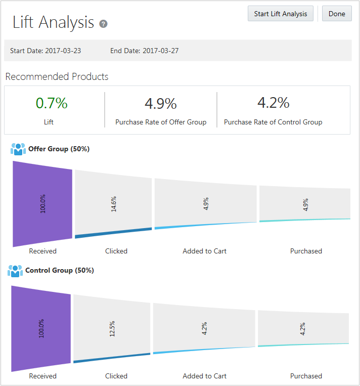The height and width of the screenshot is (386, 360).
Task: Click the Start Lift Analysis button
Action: (x=281, y=14)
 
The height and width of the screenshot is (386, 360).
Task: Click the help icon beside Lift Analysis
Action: (x=104, y=24)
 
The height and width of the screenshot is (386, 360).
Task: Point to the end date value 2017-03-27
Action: (x=160, y=51)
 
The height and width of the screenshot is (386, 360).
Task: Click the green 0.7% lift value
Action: (x=52, y=103)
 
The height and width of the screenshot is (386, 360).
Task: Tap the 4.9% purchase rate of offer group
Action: (x=161, y=104)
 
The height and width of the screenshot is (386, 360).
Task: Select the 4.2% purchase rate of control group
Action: (x=273, y=103)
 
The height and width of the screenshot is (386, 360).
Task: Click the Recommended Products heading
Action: (x=57, y=77)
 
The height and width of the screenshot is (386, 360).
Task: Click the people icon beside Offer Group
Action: (x=18, y=149)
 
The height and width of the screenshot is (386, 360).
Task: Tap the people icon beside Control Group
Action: (x=15, y=271)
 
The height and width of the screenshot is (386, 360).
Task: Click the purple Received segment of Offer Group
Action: (x=43, y=203)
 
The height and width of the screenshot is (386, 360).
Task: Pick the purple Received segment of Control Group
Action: (x=41, y=328)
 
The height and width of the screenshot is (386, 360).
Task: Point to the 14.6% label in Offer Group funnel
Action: (x=114, y=204)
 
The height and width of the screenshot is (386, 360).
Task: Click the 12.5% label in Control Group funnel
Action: (x=112, y=328)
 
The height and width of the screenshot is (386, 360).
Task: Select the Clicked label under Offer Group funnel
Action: (x=116, y=251)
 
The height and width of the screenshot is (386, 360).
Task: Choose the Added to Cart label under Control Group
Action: (x=204, y=376)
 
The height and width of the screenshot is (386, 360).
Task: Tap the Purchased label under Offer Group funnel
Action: (x=306, y=251)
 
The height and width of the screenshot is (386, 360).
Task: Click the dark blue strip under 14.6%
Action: (x=113, y=232)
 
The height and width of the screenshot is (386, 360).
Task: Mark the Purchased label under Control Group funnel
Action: (x=306, y=376)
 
